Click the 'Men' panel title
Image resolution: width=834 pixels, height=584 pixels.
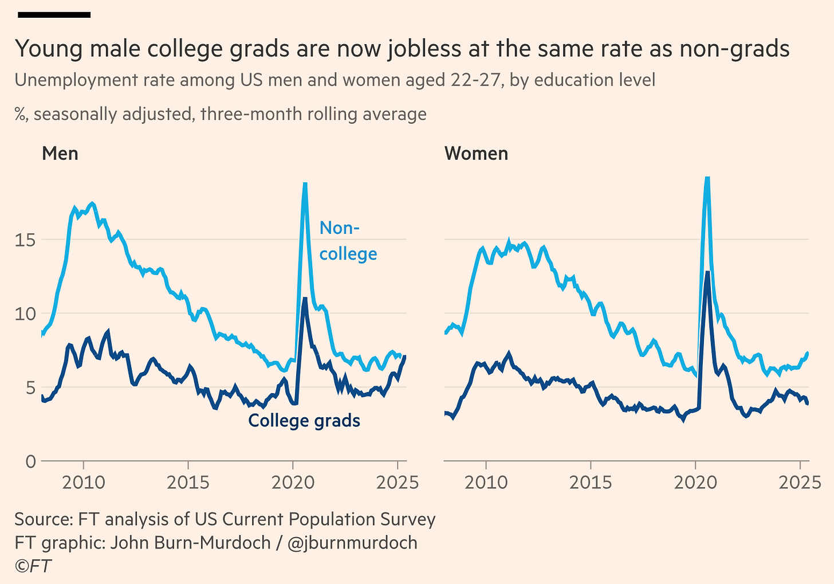click(60, 154)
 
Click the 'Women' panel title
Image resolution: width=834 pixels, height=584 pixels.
click(476, 154)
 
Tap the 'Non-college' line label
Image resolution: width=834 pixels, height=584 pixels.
click(348, 241)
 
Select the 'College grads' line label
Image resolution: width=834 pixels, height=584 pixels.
click(304, 421)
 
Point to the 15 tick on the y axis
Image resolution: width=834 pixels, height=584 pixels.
click(25, 240)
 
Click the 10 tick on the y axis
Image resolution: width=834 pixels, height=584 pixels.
click(25, 313)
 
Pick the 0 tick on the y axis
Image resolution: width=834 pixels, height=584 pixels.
click(30, 461)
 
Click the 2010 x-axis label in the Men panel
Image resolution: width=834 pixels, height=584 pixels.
click(84, 483)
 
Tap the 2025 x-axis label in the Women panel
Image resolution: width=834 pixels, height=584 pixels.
click(800, 483)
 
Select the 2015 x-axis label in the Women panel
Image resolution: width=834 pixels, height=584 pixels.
click(591, 483)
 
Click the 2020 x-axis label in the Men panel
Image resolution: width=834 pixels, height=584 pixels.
click(293, 483)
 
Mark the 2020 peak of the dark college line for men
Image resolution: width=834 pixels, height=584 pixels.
click(305, 299)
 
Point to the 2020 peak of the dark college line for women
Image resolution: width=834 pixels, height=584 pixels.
click(708, 272)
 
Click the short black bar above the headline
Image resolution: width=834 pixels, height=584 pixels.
click(54, 15)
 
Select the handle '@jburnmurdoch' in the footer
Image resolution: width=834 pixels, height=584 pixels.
click(352, 542)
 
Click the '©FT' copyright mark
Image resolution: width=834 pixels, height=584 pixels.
click(33, 566)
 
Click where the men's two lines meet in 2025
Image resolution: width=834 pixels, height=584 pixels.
click(404, 357)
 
